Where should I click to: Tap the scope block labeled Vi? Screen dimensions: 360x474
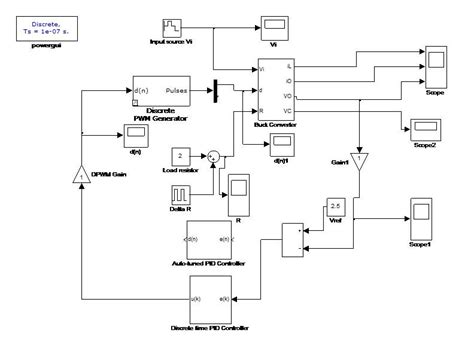coord(273,25)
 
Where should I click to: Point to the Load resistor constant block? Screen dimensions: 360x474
coord(180,156)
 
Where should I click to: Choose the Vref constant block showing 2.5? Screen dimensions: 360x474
coord(336,208)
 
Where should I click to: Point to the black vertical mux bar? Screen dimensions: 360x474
coord(216,91)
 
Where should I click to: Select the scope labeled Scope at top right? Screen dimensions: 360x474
coord(435,69)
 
